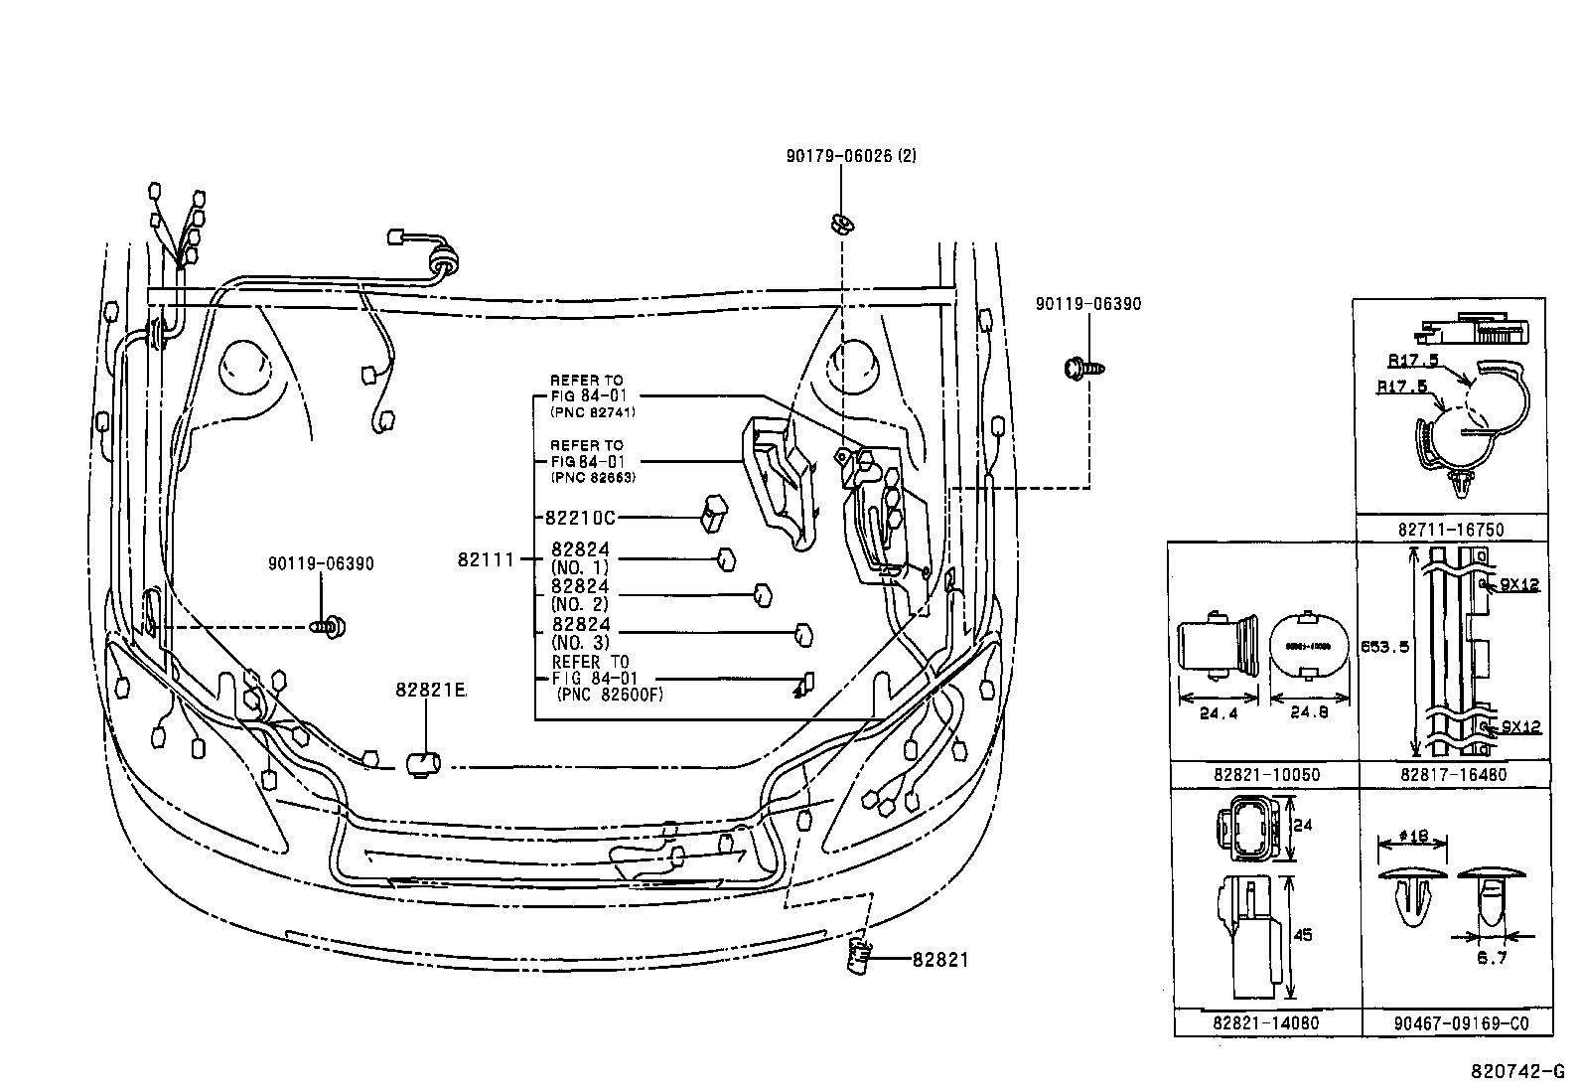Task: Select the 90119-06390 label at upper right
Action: point(1087,304)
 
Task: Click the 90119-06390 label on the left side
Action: point(321,563)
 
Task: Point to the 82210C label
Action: point(580,518)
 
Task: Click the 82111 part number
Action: point(486,559)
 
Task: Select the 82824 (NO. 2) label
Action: point(580,595)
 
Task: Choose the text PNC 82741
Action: point(592,411)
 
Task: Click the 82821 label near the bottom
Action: point(940,959)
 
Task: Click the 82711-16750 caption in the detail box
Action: point(1452,531)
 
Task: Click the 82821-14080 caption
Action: point(1266,1022)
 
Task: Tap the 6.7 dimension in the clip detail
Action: point(1492,958)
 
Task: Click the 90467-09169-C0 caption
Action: point(1456,1022)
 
